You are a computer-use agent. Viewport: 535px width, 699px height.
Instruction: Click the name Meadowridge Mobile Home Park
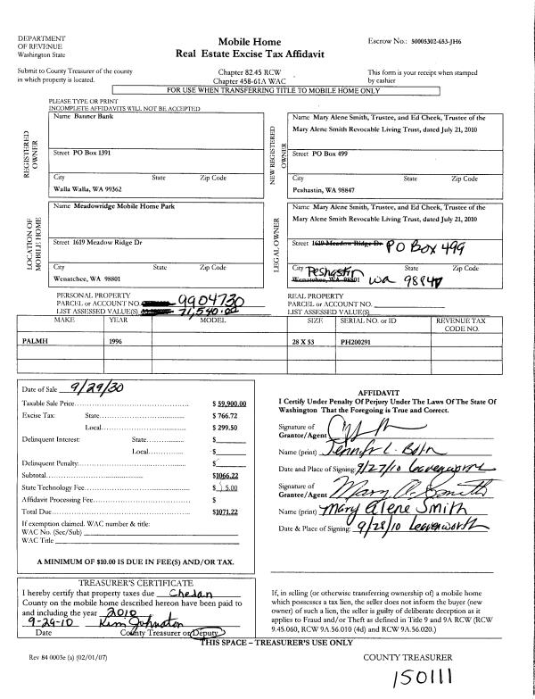(101, 207)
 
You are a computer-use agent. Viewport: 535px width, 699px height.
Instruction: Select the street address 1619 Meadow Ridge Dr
(93, 242)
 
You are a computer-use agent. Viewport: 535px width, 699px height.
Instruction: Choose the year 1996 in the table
(117, 341)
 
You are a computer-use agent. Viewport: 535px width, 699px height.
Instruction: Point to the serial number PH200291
(359, 341)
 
